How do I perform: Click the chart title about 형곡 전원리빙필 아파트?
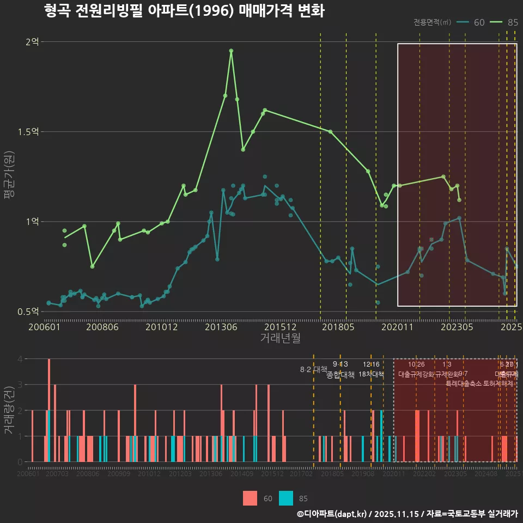tap(184, 11)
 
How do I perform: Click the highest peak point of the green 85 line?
tap(231, 51)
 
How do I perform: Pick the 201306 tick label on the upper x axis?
tap(220, 327)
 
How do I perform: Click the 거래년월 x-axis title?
tap(280, 338)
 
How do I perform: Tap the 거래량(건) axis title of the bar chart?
tap(9, 411)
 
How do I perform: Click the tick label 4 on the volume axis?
tap(20, 359)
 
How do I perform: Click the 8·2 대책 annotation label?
tap(313, 369)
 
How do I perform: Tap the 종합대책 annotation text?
tap(340, 375)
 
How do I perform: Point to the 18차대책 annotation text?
tap(371, 374)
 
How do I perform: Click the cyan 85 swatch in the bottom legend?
tap(286, 498)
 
